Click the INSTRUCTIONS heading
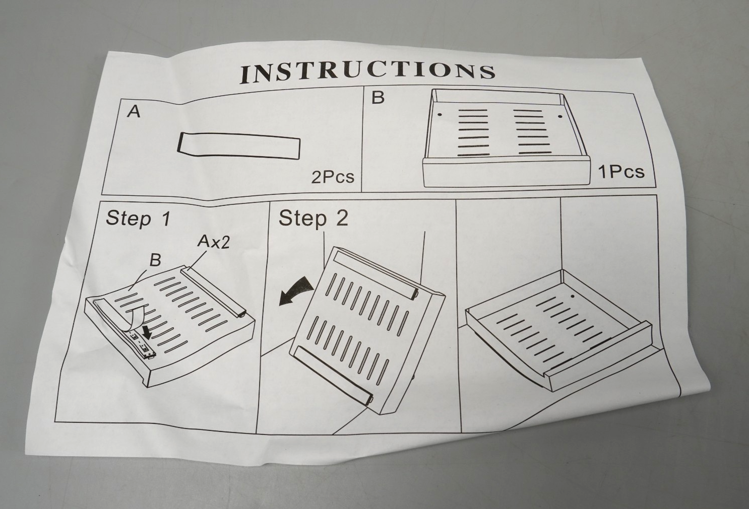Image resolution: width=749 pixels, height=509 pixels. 367,72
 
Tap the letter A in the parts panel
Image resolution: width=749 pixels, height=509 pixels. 134,111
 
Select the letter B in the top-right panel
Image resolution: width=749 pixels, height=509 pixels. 378,97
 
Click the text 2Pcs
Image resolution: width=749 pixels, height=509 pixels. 332,177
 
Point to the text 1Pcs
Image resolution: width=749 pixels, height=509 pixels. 621,172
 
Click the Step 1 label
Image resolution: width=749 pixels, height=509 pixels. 138,219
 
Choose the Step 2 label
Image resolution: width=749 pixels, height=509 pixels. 313,219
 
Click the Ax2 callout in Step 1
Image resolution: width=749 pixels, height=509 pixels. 213,242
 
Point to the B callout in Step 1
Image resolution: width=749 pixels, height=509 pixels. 155,260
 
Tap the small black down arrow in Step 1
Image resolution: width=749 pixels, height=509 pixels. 147,331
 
